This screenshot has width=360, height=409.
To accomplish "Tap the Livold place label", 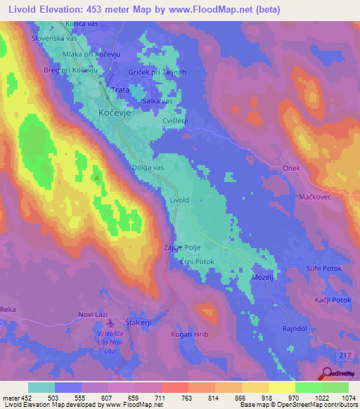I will click(x=179, y=200).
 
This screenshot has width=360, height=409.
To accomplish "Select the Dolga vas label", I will click(x=148, y=168).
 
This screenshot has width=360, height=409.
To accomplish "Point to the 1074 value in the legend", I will click(x=349, y=398).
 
